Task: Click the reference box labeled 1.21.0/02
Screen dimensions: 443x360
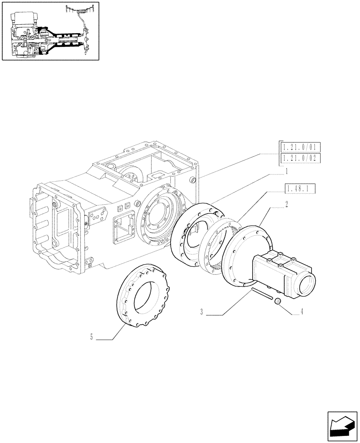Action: tap(300, 159)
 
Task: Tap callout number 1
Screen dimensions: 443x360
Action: tap(287, 171)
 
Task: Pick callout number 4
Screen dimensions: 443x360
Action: tap(302, 311)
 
